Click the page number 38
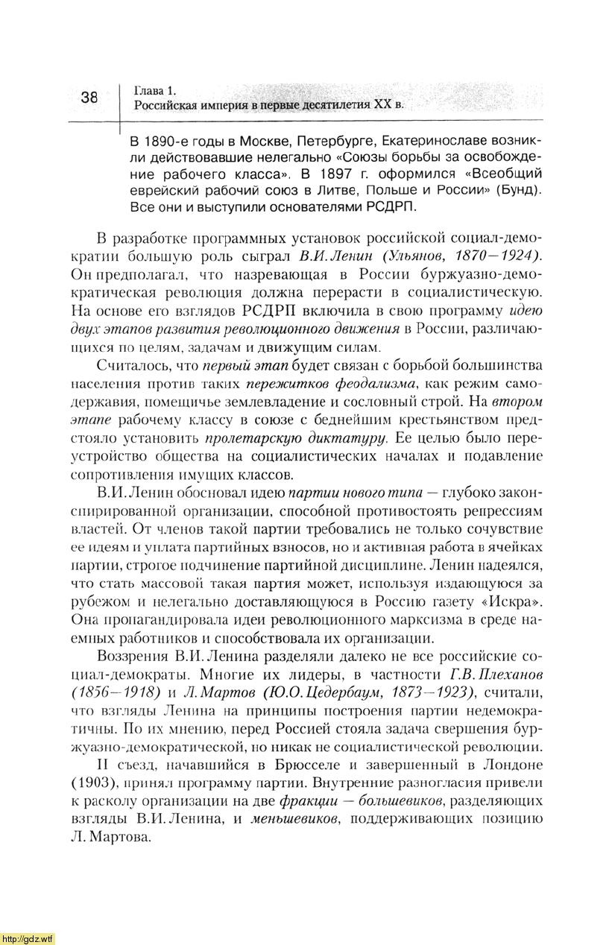click(x=89, y=98)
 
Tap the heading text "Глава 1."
click(x=155, y=91)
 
